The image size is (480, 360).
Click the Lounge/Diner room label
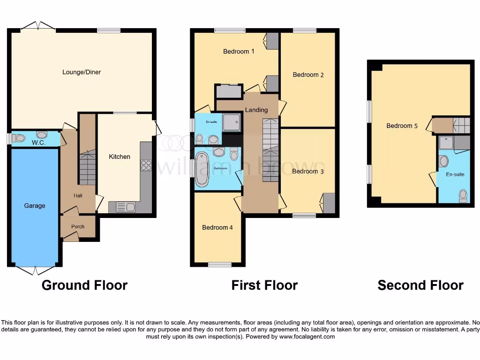[x=82, y=72]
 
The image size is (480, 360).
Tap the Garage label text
[x=35, y=205]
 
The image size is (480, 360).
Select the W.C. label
[x=38, y=142]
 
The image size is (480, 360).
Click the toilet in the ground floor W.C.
[x=19, y=138]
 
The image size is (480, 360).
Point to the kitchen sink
[x=125, y=206]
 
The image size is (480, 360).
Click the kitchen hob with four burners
[x=146, y=165]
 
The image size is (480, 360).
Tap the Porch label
[x=78, y=226]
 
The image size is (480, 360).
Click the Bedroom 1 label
[x=239, y=52]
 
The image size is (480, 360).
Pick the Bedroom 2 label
[x=308, y=75]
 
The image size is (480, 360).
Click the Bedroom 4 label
[x=217, y=227]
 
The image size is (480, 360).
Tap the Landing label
[x=256, y=110]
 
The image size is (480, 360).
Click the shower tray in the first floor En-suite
[x=232, y=122]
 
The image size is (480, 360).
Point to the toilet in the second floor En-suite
[x=463, y=195]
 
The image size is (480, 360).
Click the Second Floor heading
[x=420, y=285]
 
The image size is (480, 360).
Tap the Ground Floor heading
[x=84, y=285]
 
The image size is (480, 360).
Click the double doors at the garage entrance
[x=35, y=270]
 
